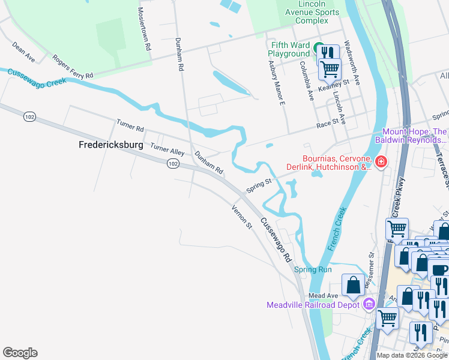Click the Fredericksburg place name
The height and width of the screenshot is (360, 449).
pyautogui.click(x=111, y=145)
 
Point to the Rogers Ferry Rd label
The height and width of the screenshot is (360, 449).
pyautogui.click(x=73, y=67)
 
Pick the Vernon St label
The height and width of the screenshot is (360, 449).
pyautogui.click(x=242, y=217)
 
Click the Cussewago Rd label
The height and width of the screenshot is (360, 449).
pyautogui.click(x=276, y=240)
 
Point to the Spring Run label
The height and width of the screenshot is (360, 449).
pyautogui.click(x=313, y=269)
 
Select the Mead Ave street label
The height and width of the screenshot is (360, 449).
pyautogui.click(x=324, y=296)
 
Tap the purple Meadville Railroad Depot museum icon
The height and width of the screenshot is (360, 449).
pyautogui.click(x=369, y=304)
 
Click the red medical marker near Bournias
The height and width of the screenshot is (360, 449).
pyautogui.click(x=380, y=162)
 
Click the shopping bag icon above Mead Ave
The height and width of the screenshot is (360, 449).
pyautogui.click(x=353, y=284)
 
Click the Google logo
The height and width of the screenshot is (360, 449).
pyautogui.click(x=20, y=353)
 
